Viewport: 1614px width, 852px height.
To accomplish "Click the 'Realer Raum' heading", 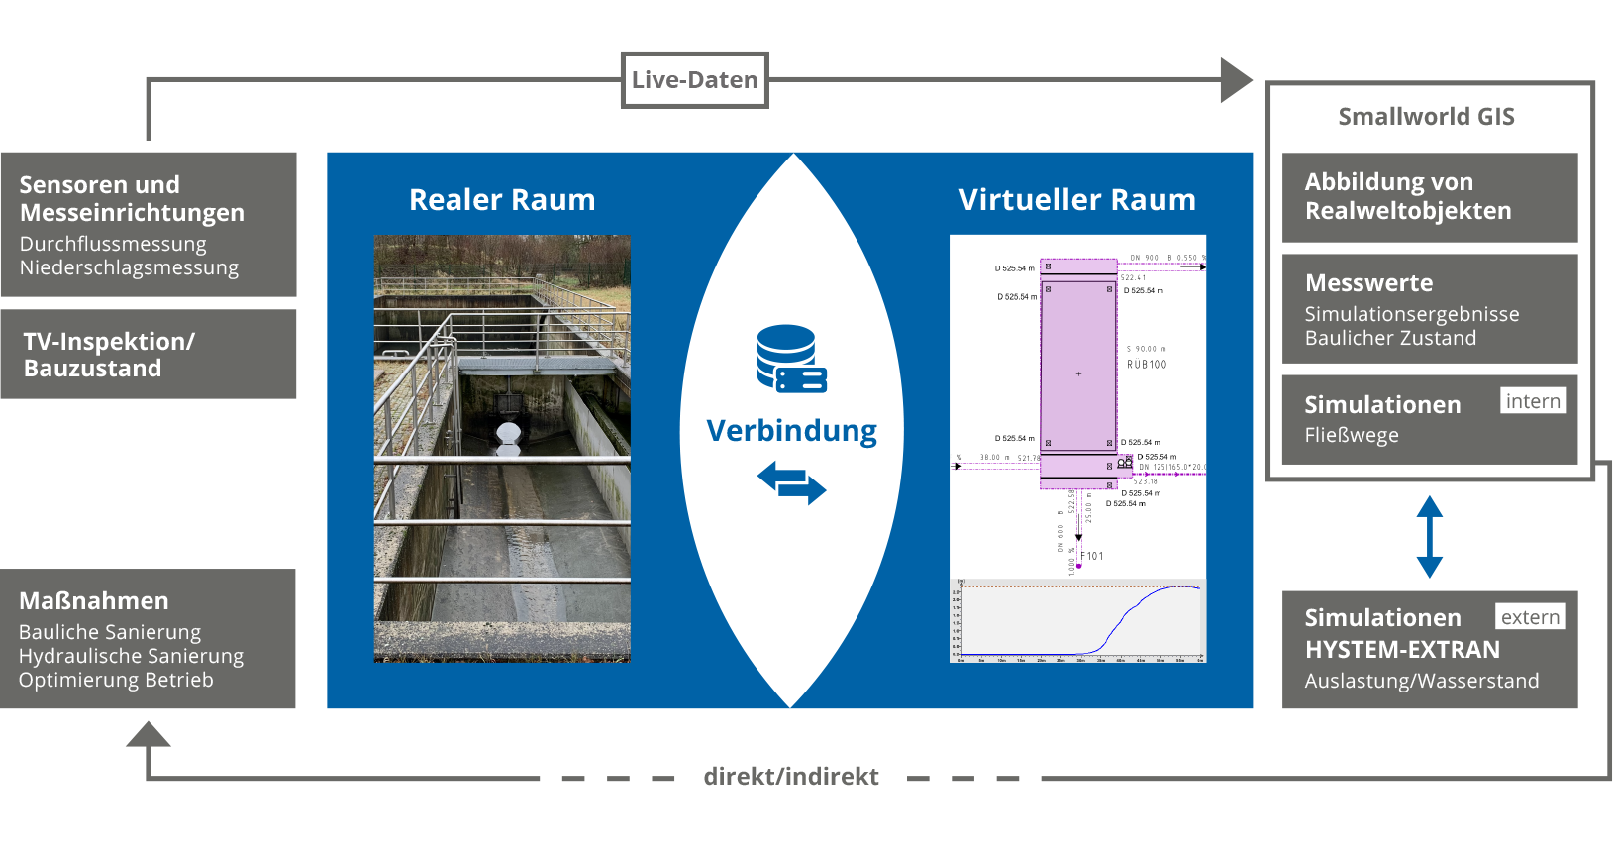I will tap(502, 200).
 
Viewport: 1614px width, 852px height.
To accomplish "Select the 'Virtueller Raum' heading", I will tap(1076, 200).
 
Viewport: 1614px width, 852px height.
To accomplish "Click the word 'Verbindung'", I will tap(791, 431).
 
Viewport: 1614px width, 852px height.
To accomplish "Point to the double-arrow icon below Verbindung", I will tap(791, 483).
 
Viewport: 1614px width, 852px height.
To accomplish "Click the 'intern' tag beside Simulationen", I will tap(1532, 401).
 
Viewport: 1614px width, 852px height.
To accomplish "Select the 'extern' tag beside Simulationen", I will tap(1530, 617).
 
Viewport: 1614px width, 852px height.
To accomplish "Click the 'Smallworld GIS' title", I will tap(1426, 117).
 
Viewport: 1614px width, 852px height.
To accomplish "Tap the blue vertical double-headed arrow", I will tap(1429, 536).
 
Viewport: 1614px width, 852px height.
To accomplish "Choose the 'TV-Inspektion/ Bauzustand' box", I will tap(149, 355).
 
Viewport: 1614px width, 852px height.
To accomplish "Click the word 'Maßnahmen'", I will tap(94, 601).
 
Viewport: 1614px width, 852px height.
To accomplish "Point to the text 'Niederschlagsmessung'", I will tap(129, 267).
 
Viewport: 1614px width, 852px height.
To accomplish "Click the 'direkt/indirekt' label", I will tap(790, 776).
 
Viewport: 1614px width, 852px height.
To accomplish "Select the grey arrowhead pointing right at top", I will tap(1235, 80).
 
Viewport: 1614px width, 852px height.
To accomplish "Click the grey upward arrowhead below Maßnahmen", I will tap(149, 735).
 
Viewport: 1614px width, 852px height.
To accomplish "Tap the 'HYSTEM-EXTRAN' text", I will tap(1402, 650).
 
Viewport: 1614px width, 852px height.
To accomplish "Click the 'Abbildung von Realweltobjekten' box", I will tap(1429, 197).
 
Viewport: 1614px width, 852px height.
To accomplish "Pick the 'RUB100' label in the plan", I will tap(1147, 365).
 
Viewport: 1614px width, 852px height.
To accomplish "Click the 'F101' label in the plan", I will tap(1092, 556).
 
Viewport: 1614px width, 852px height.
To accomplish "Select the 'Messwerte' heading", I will tap(1368, 283).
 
